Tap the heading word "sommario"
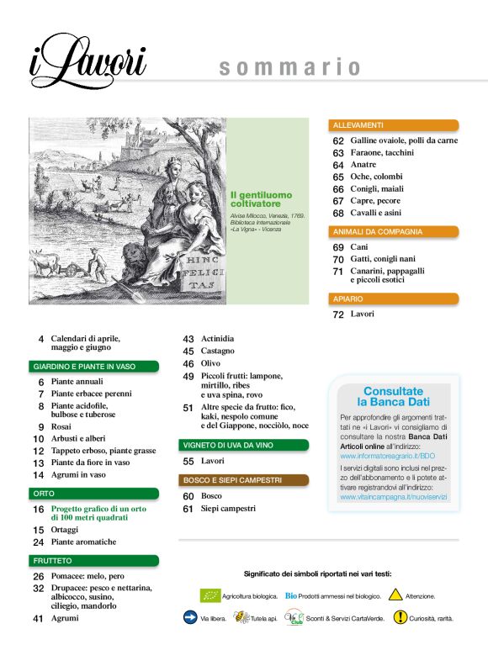tap(289, 67)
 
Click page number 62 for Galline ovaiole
tap(338, 141)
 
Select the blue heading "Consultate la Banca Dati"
tap(393, 397)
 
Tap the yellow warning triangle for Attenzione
tap(390, 595)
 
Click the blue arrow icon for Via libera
tap(190, 617)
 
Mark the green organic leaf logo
tap(210, 595)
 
